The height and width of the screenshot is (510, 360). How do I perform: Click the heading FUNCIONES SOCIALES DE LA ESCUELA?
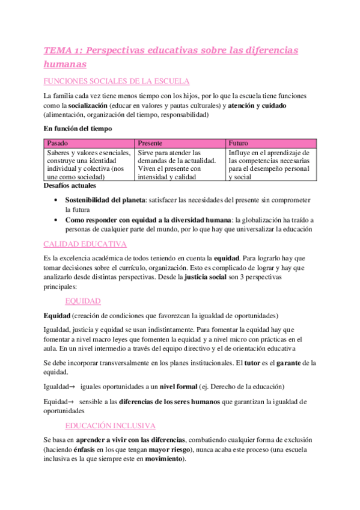point(117,81)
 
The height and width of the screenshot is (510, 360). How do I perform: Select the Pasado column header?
point(57,143)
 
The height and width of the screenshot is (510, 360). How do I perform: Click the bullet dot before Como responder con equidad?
point(56,220)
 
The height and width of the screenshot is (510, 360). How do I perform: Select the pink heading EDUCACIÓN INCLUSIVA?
point(111,425)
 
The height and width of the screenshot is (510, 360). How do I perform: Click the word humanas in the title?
point(65,63)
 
